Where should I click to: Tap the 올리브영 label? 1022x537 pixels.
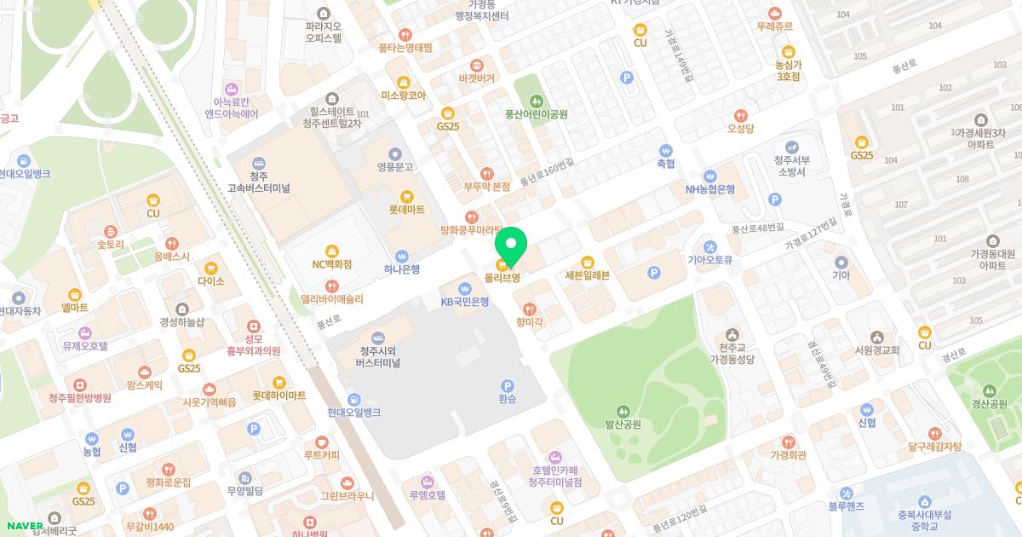(x=502, y=278)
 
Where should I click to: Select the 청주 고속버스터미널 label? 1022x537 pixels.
(x=259, y=182)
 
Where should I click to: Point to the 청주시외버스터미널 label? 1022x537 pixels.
(x=378, y=357)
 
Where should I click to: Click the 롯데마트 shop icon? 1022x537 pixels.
(x=407, y=195)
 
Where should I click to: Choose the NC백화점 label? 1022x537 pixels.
(x=331, y=264)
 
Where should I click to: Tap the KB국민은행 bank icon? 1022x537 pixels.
(x=465, y=287)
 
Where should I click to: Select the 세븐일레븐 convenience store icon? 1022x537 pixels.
(x=587, y=262)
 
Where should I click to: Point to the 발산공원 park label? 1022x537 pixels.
(x=623, y=424)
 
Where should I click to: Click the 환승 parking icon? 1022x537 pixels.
(x=508, y=385)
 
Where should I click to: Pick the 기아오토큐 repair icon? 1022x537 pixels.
(x=710, y=246)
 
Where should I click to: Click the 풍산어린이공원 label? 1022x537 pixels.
(x=537, y=114)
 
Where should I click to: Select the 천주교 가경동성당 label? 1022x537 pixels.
(x=732, y=354)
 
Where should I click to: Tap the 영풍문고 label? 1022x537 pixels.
(x=394, y=167)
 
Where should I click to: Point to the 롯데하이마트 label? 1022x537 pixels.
(x=278, y=396)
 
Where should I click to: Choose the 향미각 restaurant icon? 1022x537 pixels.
(x=529, y=308)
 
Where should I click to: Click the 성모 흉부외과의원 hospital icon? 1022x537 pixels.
(x=253, y=326)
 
